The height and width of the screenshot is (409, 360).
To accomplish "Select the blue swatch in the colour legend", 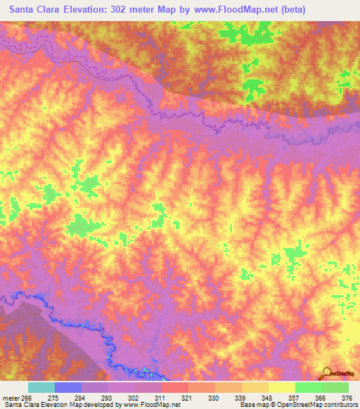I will [68, 387].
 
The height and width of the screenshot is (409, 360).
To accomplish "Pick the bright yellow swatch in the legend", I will [281, 387].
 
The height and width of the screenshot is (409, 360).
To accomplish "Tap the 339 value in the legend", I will [241, 398].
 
